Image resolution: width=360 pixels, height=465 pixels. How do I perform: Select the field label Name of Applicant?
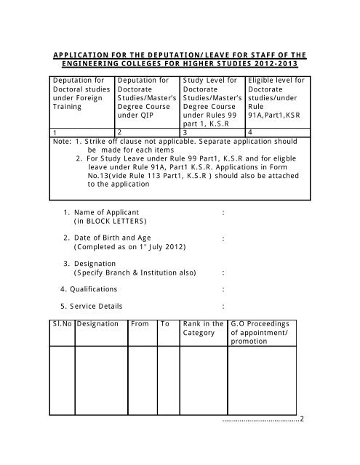click(x=105, y=211)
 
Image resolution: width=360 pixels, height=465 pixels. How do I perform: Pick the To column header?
click(x=165, y=324)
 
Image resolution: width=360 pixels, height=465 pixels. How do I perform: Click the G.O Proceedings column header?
click(x=260, y=324)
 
